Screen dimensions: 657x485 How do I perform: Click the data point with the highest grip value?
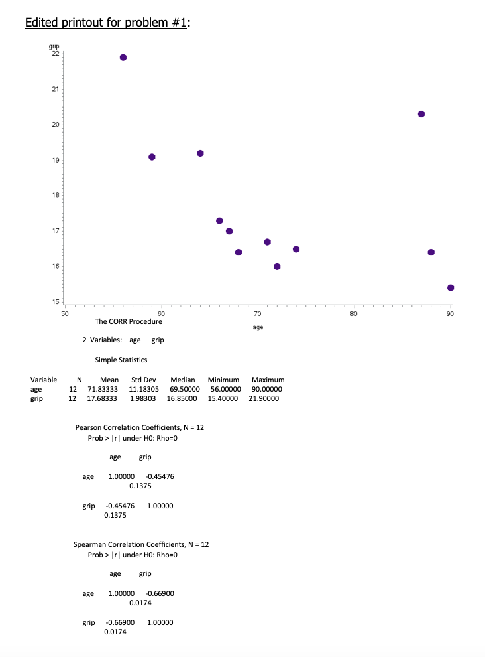pos(123,57)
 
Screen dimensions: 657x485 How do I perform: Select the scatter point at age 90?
pos(451,287)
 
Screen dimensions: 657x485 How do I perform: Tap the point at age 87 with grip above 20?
pos(421,114)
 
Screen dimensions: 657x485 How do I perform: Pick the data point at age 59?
pos(152,157)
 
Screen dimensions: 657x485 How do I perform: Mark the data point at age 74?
pos(296,249)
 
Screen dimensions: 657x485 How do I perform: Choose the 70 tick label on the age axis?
pos(257,313)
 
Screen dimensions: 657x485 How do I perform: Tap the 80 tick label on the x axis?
pos(354,313)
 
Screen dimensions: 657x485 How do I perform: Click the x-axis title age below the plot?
pos(258,327)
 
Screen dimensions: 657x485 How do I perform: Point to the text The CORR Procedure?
pos(129,321)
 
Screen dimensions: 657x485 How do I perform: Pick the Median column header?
pos(183,380)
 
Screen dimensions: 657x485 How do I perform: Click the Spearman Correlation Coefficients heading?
pos(141,544)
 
